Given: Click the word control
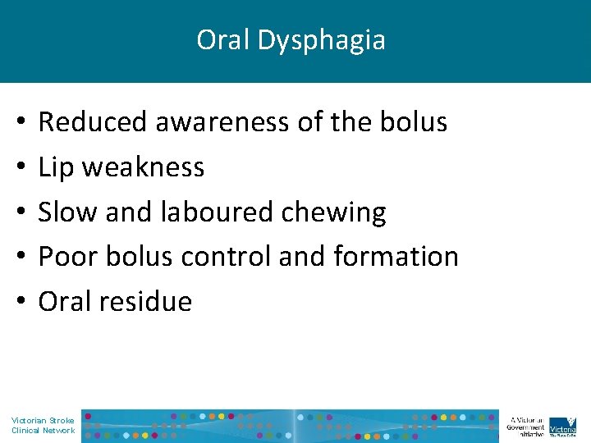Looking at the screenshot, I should click(x=226, y=257).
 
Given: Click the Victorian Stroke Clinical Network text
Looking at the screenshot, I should click(x=43, y=425).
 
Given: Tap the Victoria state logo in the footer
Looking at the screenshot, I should click(x=562, y=425).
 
